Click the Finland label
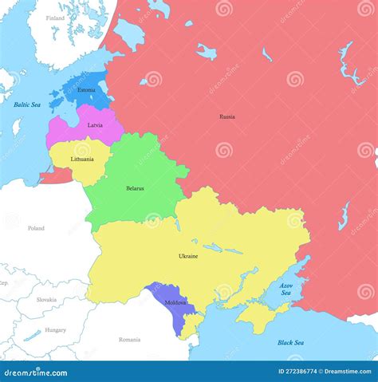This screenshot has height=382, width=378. (x=55, y=18)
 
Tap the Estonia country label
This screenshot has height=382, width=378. (x=86, y=90)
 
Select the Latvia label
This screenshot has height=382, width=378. (x=95, y=125)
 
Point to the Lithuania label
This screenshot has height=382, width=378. (x=82, y=159)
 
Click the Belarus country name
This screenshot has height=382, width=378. (x=135, y=188)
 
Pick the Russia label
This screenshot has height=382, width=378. (x=227, y=116)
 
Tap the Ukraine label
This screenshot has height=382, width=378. (x=188, y=256)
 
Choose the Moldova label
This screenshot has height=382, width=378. (x=175, y=303)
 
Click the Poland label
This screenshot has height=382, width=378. (x=36, y=228)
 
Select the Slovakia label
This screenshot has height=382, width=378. (x=46, y=299)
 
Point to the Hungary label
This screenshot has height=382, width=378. (x=55, y=329)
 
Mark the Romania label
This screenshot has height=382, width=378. (x=129, y=339)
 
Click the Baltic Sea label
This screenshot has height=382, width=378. (x=27, y=104)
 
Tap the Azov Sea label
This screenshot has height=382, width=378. (x=286, y=289)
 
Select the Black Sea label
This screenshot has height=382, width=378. (x=290, y=342)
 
